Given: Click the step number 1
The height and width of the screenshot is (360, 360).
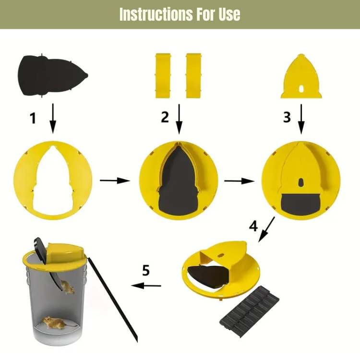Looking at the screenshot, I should click(33, 118).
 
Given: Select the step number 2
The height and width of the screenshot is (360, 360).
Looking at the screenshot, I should click(165, 117).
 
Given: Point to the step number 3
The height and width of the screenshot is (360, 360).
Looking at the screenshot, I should click(287, 117).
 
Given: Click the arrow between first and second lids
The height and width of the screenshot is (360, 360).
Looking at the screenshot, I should click(114, 180).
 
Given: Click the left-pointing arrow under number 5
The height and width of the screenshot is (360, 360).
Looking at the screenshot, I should click(146, 286).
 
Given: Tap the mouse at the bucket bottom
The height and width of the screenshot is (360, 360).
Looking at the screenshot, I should click(54, 322).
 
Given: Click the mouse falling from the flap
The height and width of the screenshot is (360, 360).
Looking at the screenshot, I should click(67, 287).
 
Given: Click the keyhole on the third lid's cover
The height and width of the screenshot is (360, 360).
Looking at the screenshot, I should click(300, 183).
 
